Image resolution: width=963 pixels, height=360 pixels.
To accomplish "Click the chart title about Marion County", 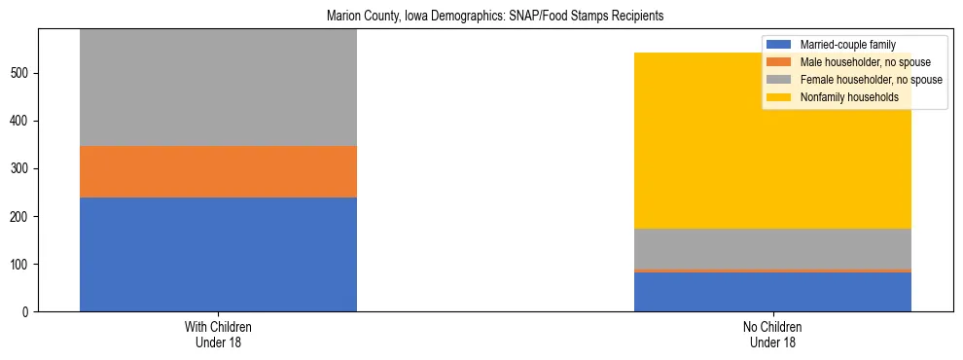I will pyautogui.click(x=481, y=17).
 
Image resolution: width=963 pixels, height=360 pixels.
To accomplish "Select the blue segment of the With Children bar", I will pyautogui.click(x=218, y=254).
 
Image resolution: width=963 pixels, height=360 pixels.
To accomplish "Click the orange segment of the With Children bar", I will pyautogui.click(x=218, y=171).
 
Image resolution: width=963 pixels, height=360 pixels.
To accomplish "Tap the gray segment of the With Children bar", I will pyautogui.click(x=218, y=88).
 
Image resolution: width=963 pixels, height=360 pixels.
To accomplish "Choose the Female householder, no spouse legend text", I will pyautogui.click(x=870, y=80).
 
